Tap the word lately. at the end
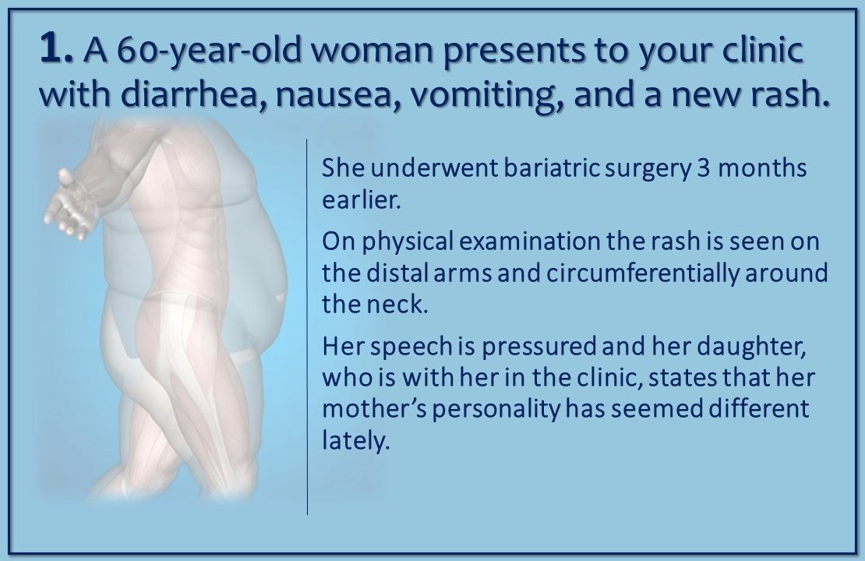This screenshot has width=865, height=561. coord(355,442)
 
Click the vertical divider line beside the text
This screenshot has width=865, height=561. coord(308,327)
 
